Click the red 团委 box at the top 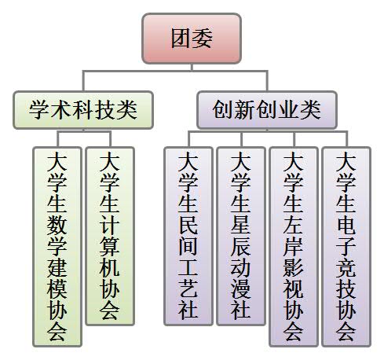point(192,39)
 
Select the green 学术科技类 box point(83,110)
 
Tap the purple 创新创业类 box point(267,110)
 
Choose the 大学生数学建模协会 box point(57,247)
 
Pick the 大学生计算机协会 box point(110,236)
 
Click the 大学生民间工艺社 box point(188,236)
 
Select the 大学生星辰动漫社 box point(241,236)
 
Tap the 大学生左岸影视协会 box point(294,247)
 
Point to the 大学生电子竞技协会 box point(346,247)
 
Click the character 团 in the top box point(181,39)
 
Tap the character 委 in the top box point(202,39)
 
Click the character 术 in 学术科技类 point(61,110)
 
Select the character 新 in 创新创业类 point(245,110)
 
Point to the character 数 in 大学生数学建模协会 point(57,225)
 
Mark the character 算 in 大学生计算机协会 point(110,246)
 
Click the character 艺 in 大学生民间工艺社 point(188,288)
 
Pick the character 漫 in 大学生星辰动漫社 point(241,288)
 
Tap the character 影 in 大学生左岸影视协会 point(294,267)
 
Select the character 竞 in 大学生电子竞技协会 point(346,267)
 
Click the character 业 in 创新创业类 point(289,110)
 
